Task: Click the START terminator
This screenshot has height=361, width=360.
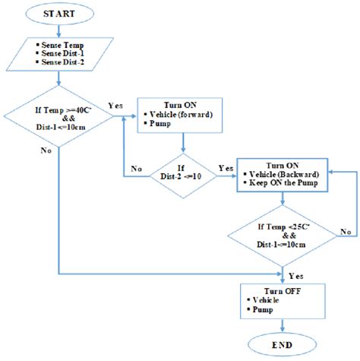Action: coord(59,14)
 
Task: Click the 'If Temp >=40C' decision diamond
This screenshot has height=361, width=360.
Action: coord(59,118)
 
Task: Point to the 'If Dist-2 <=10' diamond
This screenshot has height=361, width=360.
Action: coord(183,177)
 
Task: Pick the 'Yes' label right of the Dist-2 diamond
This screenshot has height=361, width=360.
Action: coord(226,168)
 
